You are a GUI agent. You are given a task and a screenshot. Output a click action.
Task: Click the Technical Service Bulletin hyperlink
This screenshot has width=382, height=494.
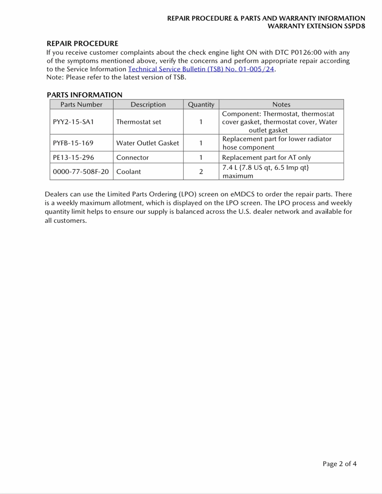[201, 69]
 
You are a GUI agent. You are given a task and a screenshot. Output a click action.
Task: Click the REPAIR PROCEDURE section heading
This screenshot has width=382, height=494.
[82, 44]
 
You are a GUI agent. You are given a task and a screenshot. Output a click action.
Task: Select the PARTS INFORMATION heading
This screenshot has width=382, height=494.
[84, 95]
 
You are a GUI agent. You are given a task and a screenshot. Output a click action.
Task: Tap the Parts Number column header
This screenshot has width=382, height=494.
[81, 105]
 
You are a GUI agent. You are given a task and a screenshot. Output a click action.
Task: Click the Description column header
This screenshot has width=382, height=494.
[148, 105]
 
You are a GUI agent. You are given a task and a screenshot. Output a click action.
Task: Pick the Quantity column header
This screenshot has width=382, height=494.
[201, 105]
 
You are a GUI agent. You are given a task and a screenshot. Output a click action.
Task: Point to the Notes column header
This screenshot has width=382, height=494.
[281, 105]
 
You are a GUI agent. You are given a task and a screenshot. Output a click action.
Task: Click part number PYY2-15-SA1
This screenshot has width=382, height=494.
[73, 122]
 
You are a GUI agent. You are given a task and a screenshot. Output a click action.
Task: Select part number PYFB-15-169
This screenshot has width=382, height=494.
[73, 143]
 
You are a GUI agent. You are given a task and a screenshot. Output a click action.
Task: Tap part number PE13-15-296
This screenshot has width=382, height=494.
[73, 157]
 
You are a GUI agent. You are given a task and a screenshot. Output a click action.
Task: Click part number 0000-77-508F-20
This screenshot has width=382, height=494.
[81, 172]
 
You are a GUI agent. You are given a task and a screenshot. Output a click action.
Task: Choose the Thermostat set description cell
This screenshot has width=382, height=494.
[139, 122]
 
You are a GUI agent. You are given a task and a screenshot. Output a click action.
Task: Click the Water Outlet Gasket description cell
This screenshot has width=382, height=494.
[148, 143]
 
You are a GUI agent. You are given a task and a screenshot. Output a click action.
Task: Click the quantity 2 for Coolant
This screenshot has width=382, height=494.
[201, 172]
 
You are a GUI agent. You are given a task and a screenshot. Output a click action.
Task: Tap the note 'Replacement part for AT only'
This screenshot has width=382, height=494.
[267, 157]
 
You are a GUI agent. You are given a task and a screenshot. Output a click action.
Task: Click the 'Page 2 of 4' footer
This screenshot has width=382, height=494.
[340, 464]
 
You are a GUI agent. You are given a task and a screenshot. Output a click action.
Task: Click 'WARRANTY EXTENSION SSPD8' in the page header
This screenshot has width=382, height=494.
[316, 26]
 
